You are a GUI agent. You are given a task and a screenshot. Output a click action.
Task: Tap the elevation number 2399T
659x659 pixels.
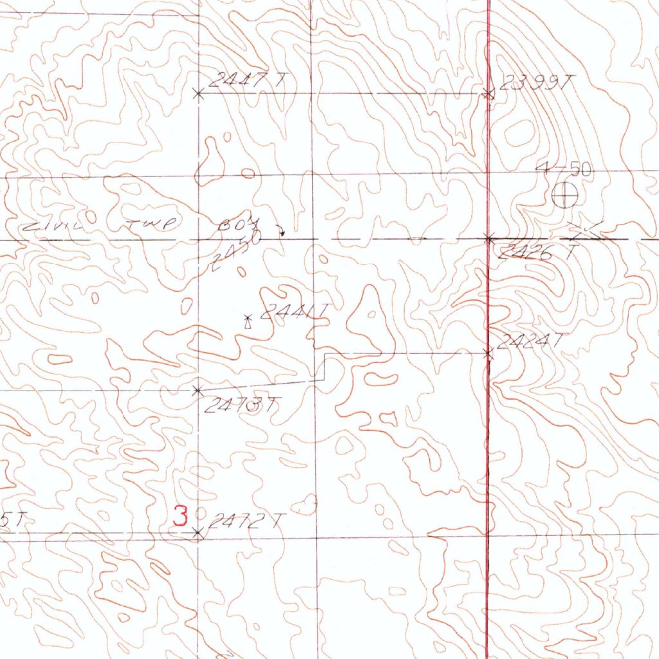pyautogui.click(x=535, y=82)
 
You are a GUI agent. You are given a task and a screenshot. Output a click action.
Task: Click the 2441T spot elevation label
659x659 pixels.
pyautogui.click(x=294, y=313)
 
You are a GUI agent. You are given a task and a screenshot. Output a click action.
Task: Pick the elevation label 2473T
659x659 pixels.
pyautogui.click(x=243, y=405)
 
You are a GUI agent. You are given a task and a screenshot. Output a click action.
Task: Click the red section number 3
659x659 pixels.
pyautogui.click(x=181, y=515)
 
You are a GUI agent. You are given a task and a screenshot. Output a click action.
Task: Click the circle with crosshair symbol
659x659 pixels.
pyautogui.click(x=565, y=196)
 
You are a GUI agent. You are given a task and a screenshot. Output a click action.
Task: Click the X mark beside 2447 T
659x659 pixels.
pyautogui.click(x=199, y=94)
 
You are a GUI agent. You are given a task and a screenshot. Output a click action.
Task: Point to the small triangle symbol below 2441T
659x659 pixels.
pyautogui.click(x=247, y=325)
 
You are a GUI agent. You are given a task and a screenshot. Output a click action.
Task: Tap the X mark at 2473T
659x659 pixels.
pyautogui.click(x=198, y=390)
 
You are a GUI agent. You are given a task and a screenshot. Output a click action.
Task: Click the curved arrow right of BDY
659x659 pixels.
pyautogui.click(x=280, y=230)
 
